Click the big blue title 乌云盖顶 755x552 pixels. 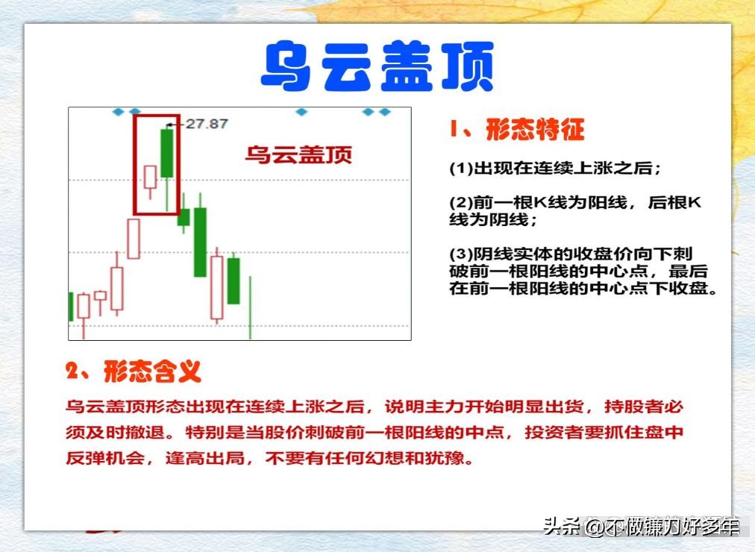pyautogui.click(x=377, y=66)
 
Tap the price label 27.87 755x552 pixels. pyautogui.click(x=207, y=124)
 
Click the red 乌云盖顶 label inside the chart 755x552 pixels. pyautogui.click(x=298, y=154)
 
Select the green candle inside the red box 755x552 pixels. pyautogui.click(x=167, y=153)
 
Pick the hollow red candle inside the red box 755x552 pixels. pyautogui.click(x=150, y=178)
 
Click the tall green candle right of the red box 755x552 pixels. pyautogui.click(x=200, y=242)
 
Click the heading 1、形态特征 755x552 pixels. pyautogui.click(x=516, y=130)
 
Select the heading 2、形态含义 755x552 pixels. pyautogui.click(x=134, y=371)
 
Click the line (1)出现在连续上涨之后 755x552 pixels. pyautogui.click(x=555, y=169)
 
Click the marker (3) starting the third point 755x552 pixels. pyautogui.click(x=461, y=254)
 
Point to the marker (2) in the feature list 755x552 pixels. pyautogui.click(x=461, y=203)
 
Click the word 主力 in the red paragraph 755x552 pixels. pyautogui.click(x=443, y=407)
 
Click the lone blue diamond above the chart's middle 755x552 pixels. pyautogui.click(x=301, y=112)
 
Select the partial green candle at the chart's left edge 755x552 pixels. pyautogui.click(x=71, y=306)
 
